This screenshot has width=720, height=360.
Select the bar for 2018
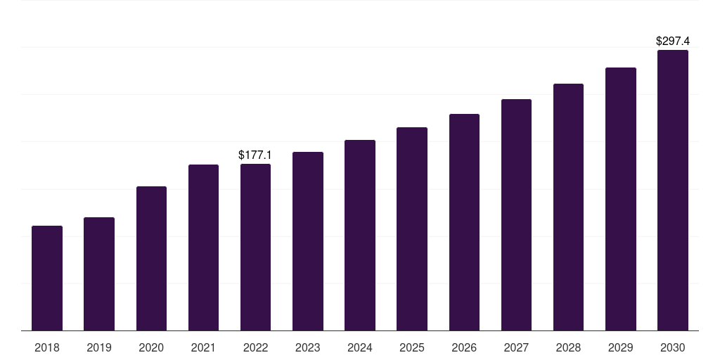click(x=47, y=278)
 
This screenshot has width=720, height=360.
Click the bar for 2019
click(x=98, y=274)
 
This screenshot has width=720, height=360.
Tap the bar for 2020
click(x=151, y=259)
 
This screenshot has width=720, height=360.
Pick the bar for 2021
click(x=203, y=247)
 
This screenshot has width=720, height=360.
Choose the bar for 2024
click(x=360, y=235)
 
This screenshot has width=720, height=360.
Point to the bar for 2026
click(x=464, y=222)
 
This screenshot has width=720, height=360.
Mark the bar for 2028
click(x=568, y=207)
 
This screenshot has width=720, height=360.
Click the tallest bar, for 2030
click(x=673, y=190)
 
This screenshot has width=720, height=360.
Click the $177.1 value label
click(x=255, y=155)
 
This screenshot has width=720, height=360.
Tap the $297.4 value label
click(x=673, y=41)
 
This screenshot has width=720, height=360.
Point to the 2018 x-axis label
click(x=47, y=348)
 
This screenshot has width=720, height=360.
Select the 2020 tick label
click(x=151, y=348)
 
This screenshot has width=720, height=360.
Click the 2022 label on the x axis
click(x=255, y=348)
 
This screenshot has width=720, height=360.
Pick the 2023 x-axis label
click(x=308, y=348)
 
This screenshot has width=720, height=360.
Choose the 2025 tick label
click(x=412, y=348)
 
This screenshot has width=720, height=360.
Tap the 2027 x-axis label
click(x=516, y=348)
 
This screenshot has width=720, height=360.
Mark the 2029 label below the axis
click(x=620, y=348)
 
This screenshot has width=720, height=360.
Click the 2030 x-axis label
click(x=673, y=348)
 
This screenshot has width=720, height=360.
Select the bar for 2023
click(x=308, y=241)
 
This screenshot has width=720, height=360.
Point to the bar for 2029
click(x=621, y=199)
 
